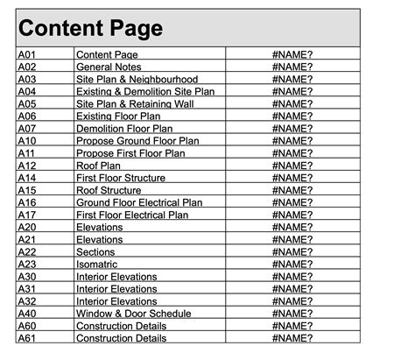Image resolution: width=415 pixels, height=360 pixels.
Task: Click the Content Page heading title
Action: [x=90, y=29]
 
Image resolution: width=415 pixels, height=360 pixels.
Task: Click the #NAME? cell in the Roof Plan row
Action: [x=292, y=165]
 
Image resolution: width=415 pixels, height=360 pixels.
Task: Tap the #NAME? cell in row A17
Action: [x=292, y=215]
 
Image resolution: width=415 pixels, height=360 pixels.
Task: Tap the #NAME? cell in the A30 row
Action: [x=292, y=277]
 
